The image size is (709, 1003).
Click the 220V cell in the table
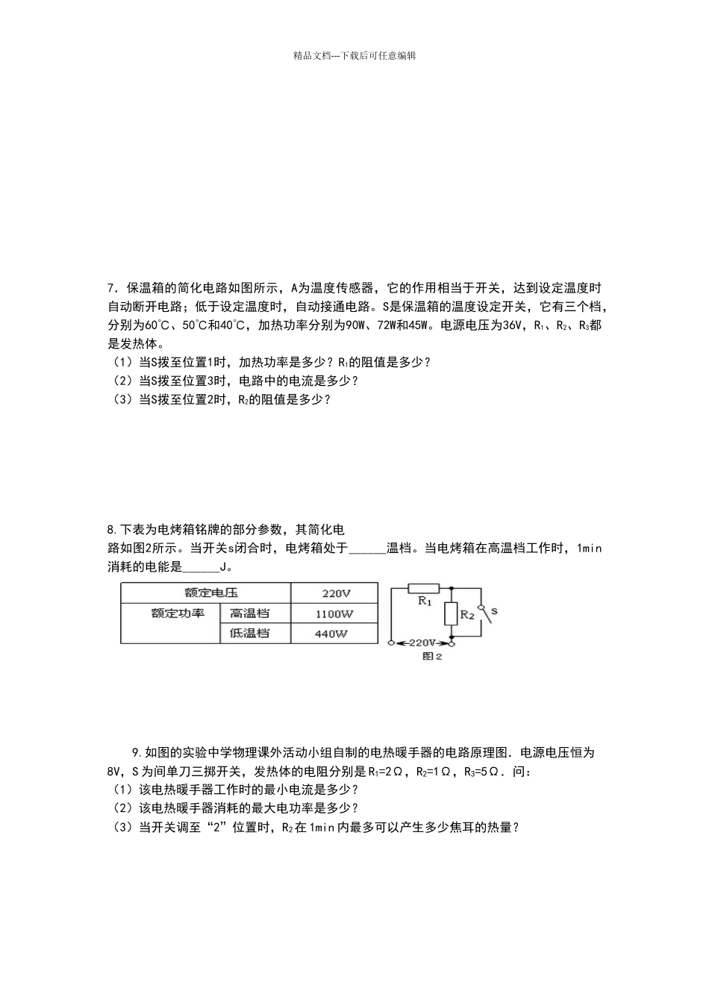(336, 594)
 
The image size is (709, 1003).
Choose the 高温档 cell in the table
(249, 613)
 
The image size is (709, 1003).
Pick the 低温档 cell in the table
(249, 634)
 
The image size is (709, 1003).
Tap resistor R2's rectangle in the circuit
(450, 614)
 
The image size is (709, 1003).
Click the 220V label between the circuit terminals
(422, 642)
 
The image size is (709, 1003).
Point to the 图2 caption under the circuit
(432, 657)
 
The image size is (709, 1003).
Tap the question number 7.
(110, 288)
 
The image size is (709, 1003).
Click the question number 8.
(110, 530)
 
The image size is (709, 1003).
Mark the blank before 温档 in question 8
(367, 549)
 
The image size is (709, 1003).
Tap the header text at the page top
(354, 55)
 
